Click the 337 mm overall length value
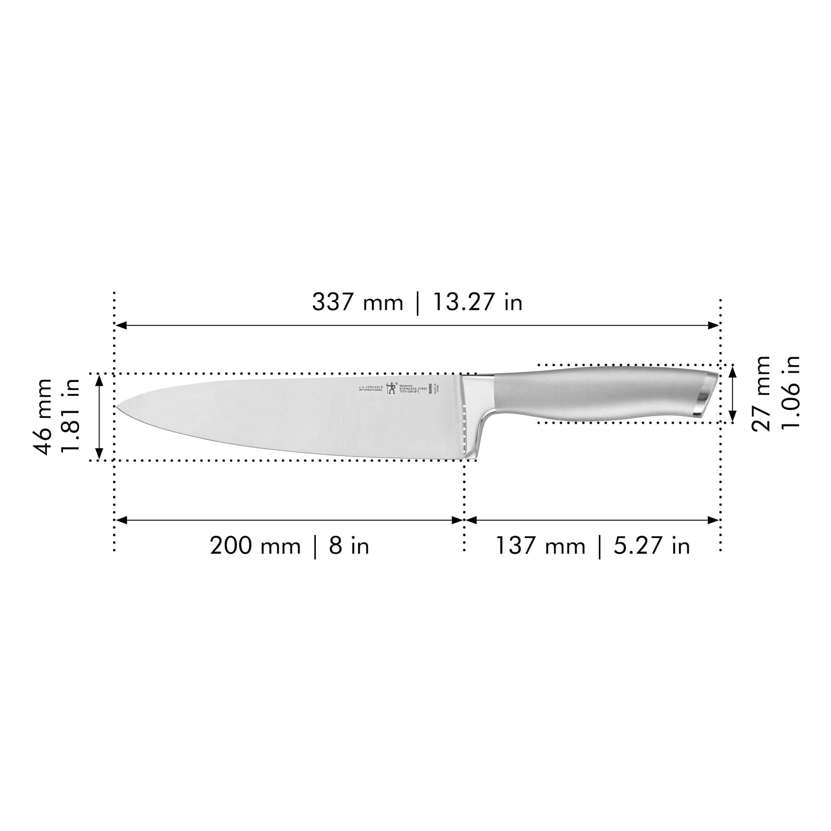(357, 302)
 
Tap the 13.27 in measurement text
(477, 302)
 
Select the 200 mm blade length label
(255, 546)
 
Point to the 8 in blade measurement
(349, 546)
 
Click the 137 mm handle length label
(540, 546)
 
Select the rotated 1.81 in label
(71, 415)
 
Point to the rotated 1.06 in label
(791, 392)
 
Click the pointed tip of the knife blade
(118, 406)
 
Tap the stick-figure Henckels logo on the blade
(391, 388)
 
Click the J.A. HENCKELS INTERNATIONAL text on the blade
(370, 388)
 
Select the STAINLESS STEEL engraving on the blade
(413, 388)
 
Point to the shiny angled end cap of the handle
(706, 395)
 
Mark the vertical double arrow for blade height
(99, 417)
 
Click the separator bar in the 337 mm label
(417, 303)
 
